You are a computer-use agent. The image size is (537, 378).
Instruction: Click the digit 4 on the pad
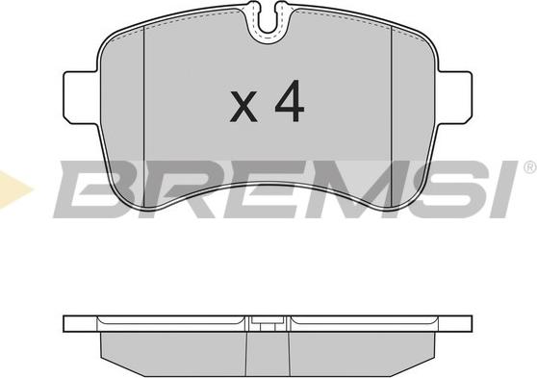(290, 101)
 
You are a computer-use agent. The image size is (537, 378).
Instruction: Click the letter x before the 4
(243, 107)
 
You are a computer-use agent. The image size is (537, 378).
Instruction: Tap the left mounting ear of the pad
(82, 97)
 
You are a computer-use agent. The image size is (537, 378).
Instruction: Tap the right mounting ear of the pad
(454, 97)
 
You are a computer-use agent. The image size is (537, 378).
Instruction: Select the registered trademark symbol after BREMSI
(530, 166)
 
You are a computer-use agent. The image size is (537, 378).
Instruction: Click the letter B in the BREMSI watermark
(89, 189)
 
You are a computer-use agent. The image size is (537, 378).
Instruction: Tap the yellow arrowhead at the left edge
(13, 189)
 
